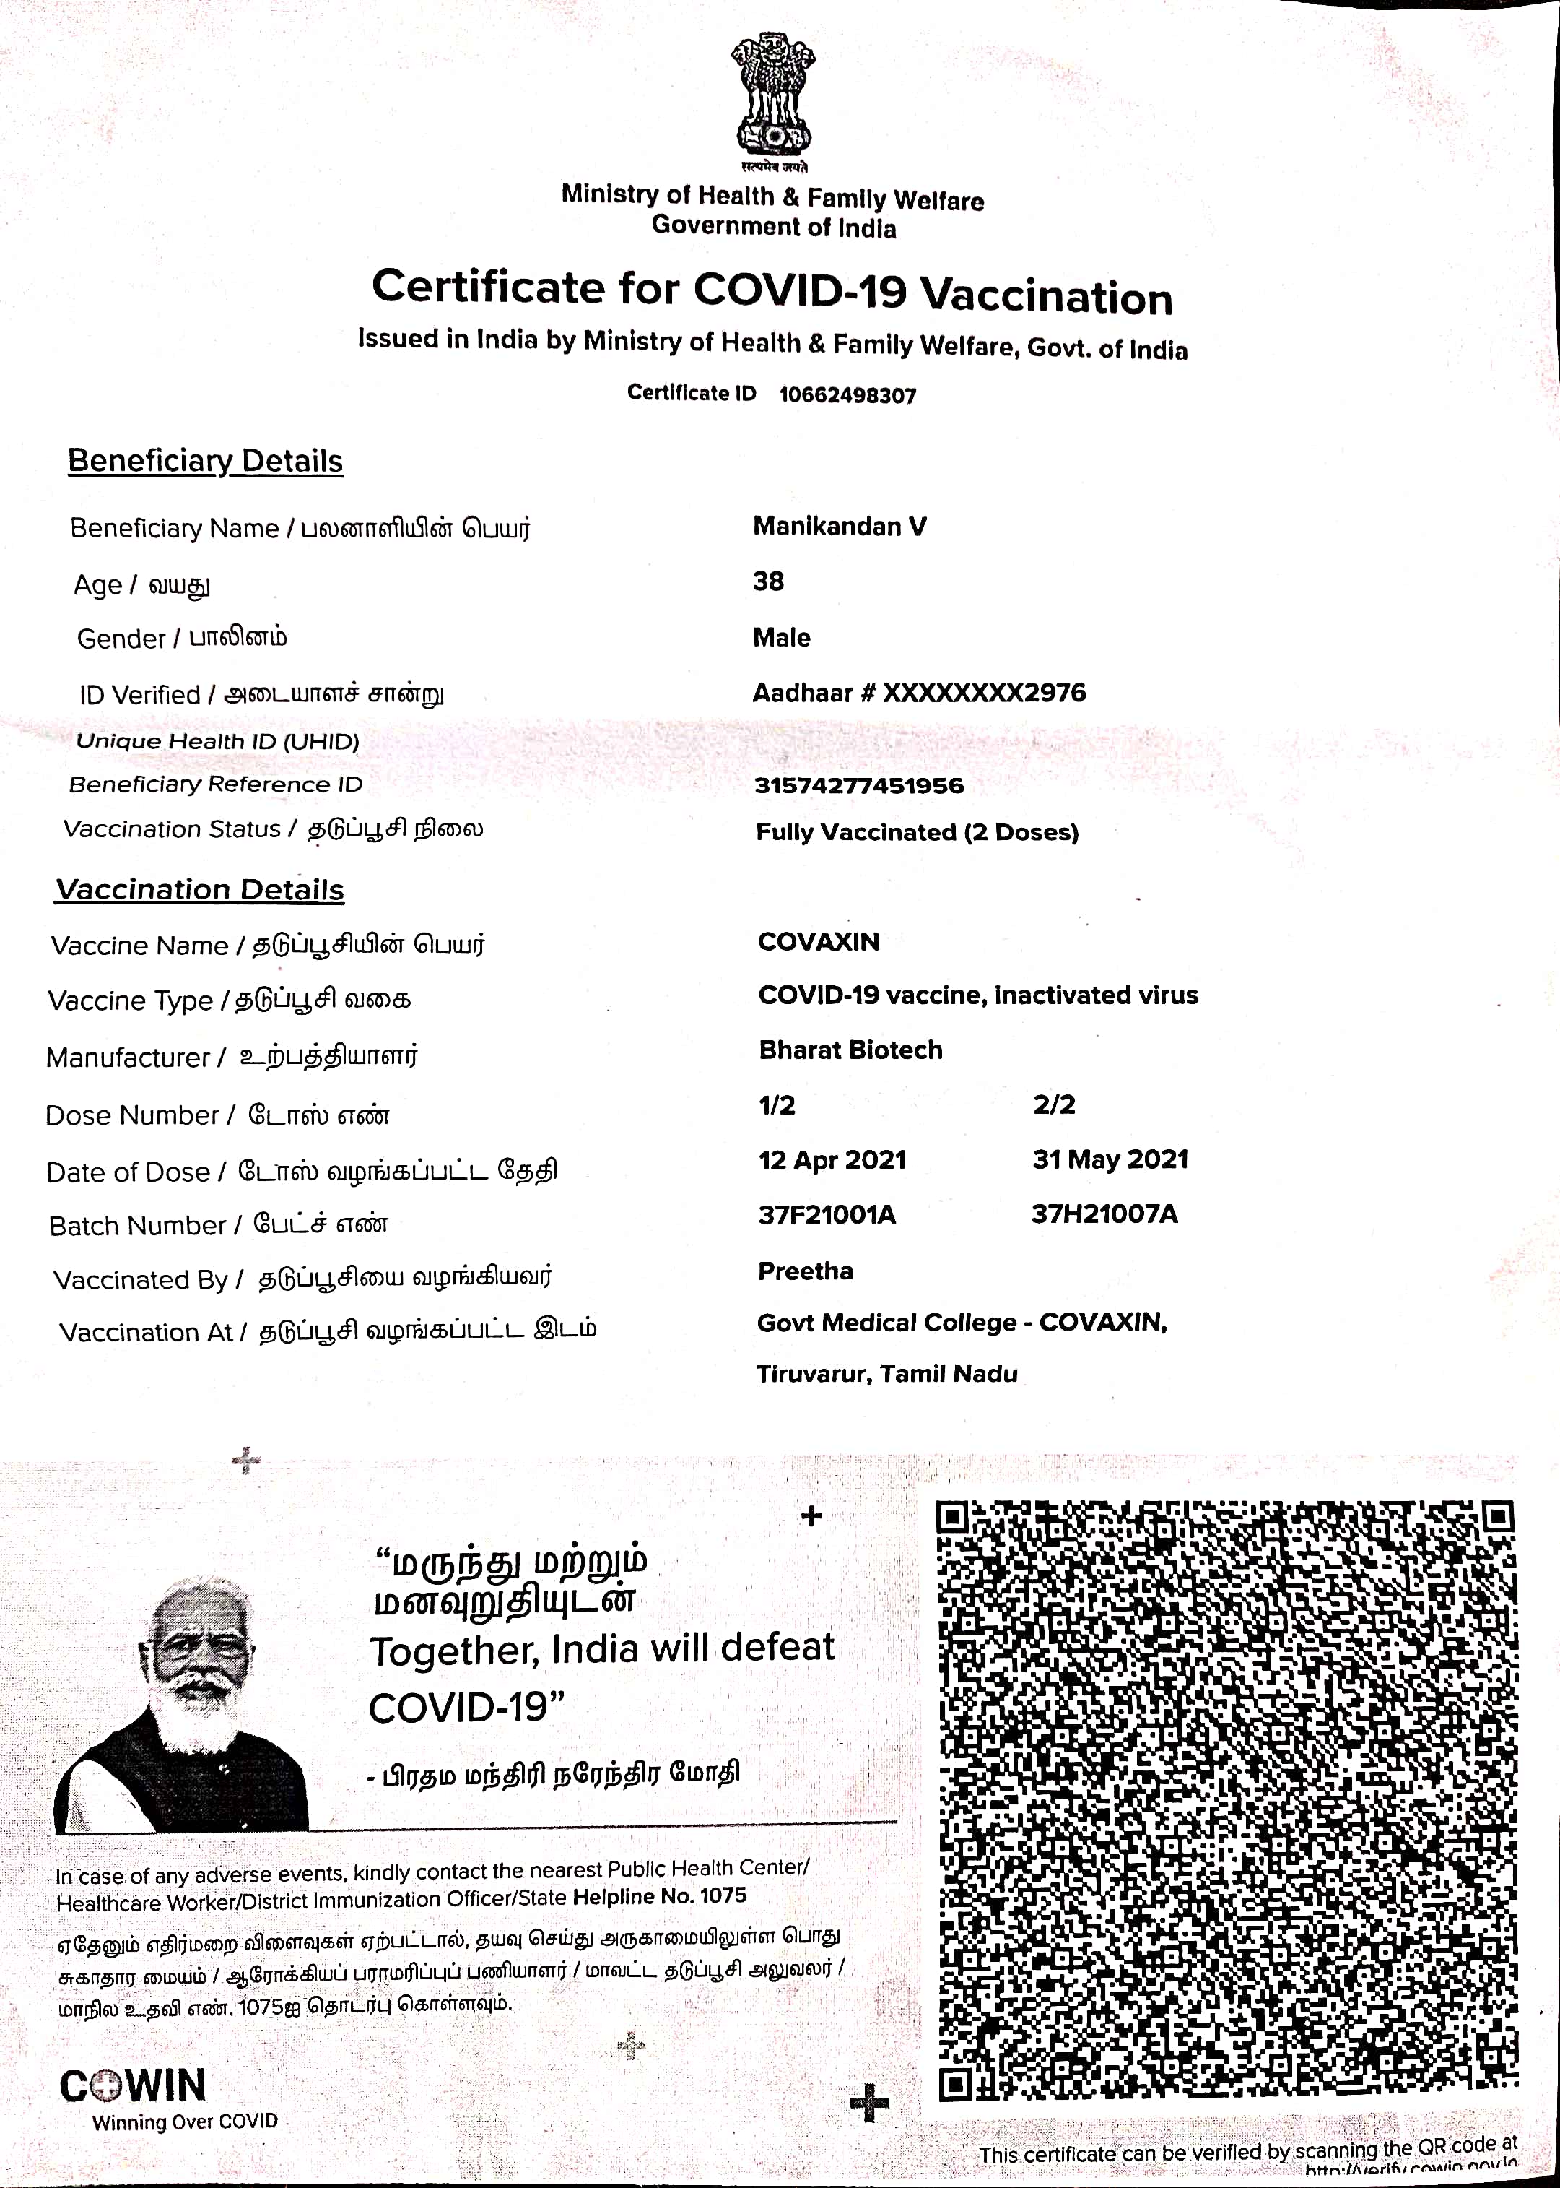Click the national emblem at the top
(x=773, y=96)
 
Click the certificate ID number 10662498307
(x=847, y=395)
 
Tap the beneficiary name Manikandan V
(x=840, y=527)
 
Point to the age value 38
(x=769, y=581)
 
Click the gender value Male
(x=781, y=638)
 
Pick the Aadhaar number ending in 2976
(x=919, y=693)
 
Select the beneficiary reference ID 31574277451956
(x=859, y=786)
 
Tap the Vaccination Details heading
(x=200, y=890)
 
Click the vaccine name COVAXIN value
(x=819, y=942)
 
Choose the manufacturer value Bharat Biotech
(x=850, y=1050)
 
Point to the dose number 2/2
(x=1054, y=1104)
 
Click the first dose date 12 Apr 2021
(x=832, y=1160)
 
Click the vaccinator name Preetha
(x=805, y=1271)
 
